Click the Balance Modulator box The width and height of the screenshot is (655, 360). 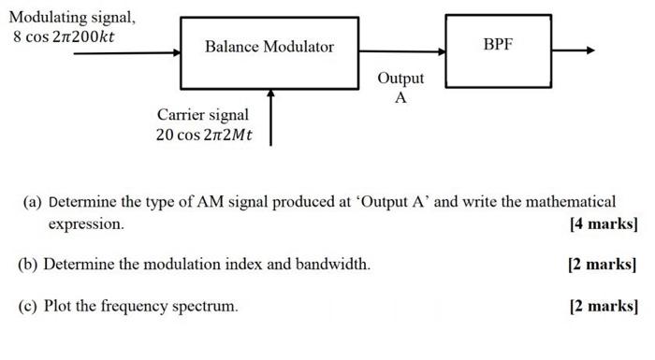(269, 48)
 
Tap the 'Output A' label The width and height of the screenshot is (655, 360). (400, 88)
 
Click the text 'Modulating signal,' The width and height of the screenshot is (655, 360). (72, 17)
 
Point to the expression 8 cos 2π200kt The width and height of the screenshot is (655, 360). (65, 37)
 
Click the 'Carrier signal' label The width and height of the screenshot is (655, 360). (203, 114)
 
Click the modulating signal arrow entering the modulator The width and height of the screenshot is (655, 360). (126, 52)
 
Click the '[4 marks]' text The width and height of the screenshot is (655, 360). (603, 224)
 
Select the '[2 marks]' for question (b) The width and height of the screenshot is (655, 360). (603, 265)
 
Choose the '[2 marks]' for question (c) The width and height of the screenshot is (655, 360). (603, 306)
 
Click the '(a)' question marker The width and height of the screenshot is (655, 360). (34, 202)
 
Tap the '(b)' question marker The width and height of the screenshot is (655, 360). (29, 265)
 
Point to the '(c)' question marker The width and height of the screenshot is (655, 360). (29, 306)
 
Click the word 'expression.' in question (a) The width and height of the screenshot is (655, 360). (86, 225)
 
